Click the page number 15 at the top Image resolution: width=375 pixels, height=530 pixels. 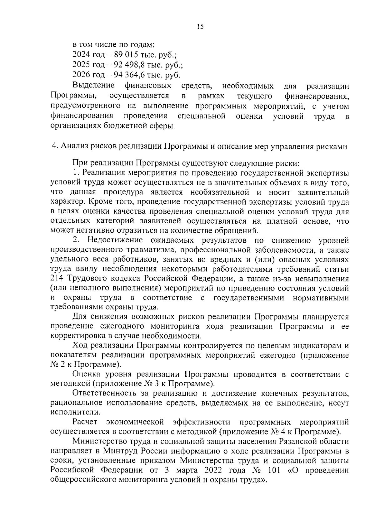[200, 27]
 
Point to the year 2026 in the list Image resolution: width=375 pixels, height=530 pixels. [81, 75]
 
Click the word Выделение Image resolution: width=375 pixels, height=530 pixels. [93, 85]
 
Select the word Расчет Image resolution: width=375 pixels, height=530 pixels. [85, 422]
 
